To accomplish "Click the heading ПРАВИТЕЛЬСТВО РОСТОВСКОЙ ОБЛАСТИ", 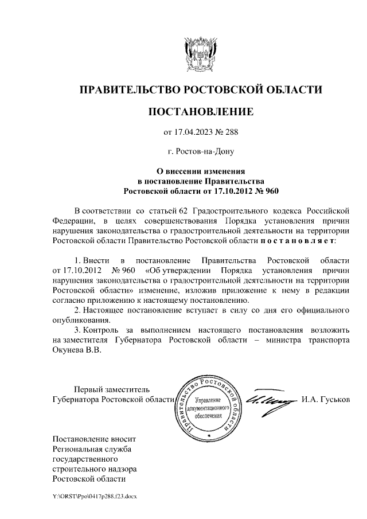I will point(200,89).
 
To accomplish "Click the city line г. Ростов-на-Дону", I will point(200,152).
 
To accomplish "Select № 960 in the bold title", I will point(263,190).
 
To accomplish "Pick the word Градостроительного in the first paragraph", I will point(228,209).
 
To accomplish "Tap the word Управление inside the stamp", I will point(208,399).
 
